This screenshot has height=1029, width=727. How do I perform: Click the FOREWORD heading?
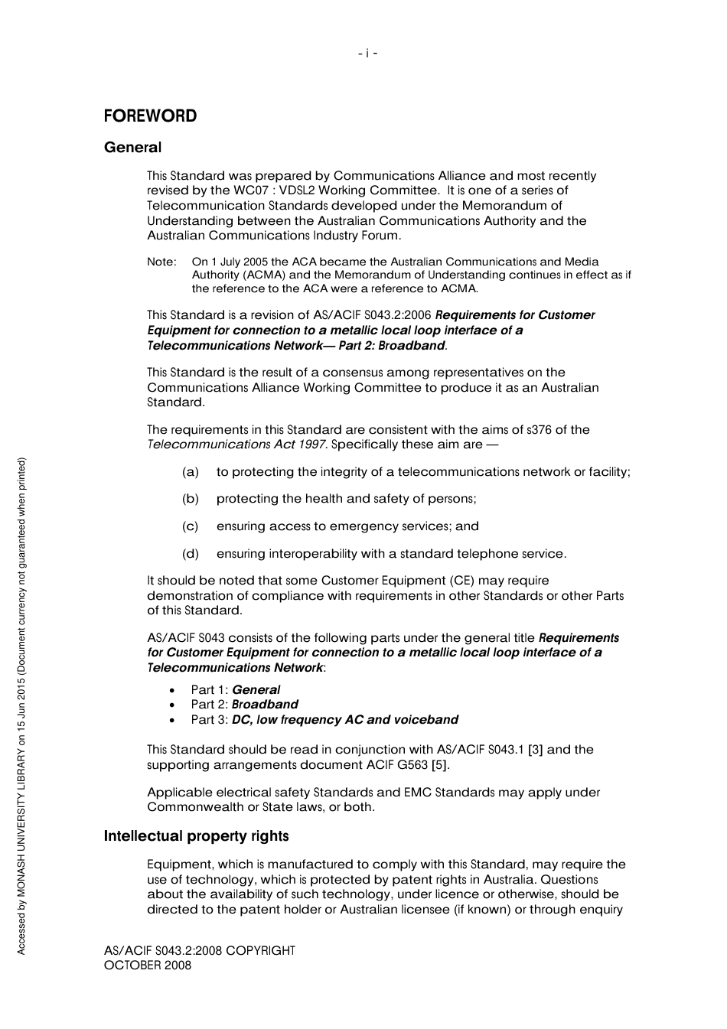pyautogui.click(x=150, y=116)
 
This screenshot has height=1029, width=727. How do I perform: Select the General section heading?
pyautogui.click(x=132, y=148)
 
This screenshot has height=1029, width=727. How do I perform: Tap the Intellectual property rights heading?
pyautogui.click(x=196, y=836)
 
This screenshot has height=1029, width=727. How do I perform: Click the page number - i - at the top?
pyautogui.click(x=367, y=54)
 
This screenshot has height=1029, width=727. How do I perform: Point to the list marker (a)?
pyautogui.click(x=191, y=472)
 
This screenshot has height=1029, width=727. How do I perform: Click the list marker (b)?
pyautogui.click(x=191, y=499)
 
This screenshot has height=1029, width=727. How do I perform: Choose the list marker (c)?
pyautogui.click(x=191, y=526)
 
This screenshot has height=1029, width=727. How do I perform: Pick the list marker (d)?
pyautogui.click(x=191, y=554)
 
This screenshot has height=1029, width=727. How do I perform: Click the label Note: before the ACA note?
pyautogui.click(x=161, y=262)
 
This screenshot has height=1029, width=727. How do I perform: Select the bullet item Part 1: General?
pyautogui.click(x=235, y=690)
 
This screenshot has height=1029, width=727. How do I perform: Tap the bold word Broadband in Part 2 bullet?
pyautogui.click(x=265, y=705)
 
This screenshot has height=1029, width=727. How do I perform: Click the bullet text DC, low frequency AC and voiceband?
pyautogui.click(x=344, y=720)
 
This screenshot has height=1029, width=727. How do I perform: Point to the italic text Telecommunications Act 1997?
pyautogui.click(x=236, y=444)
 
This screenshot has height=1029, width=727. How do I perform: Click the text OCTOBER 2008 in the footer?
pyautogui.click(x=148, y=966)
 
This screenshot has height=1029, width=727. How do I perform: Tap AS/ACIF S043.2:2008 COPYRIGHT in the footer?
pyautogui.click(x=199, y=951)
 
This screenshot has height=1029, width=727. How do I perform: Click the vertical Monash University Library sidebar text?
pyautogui.click(x=21, y=705)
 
